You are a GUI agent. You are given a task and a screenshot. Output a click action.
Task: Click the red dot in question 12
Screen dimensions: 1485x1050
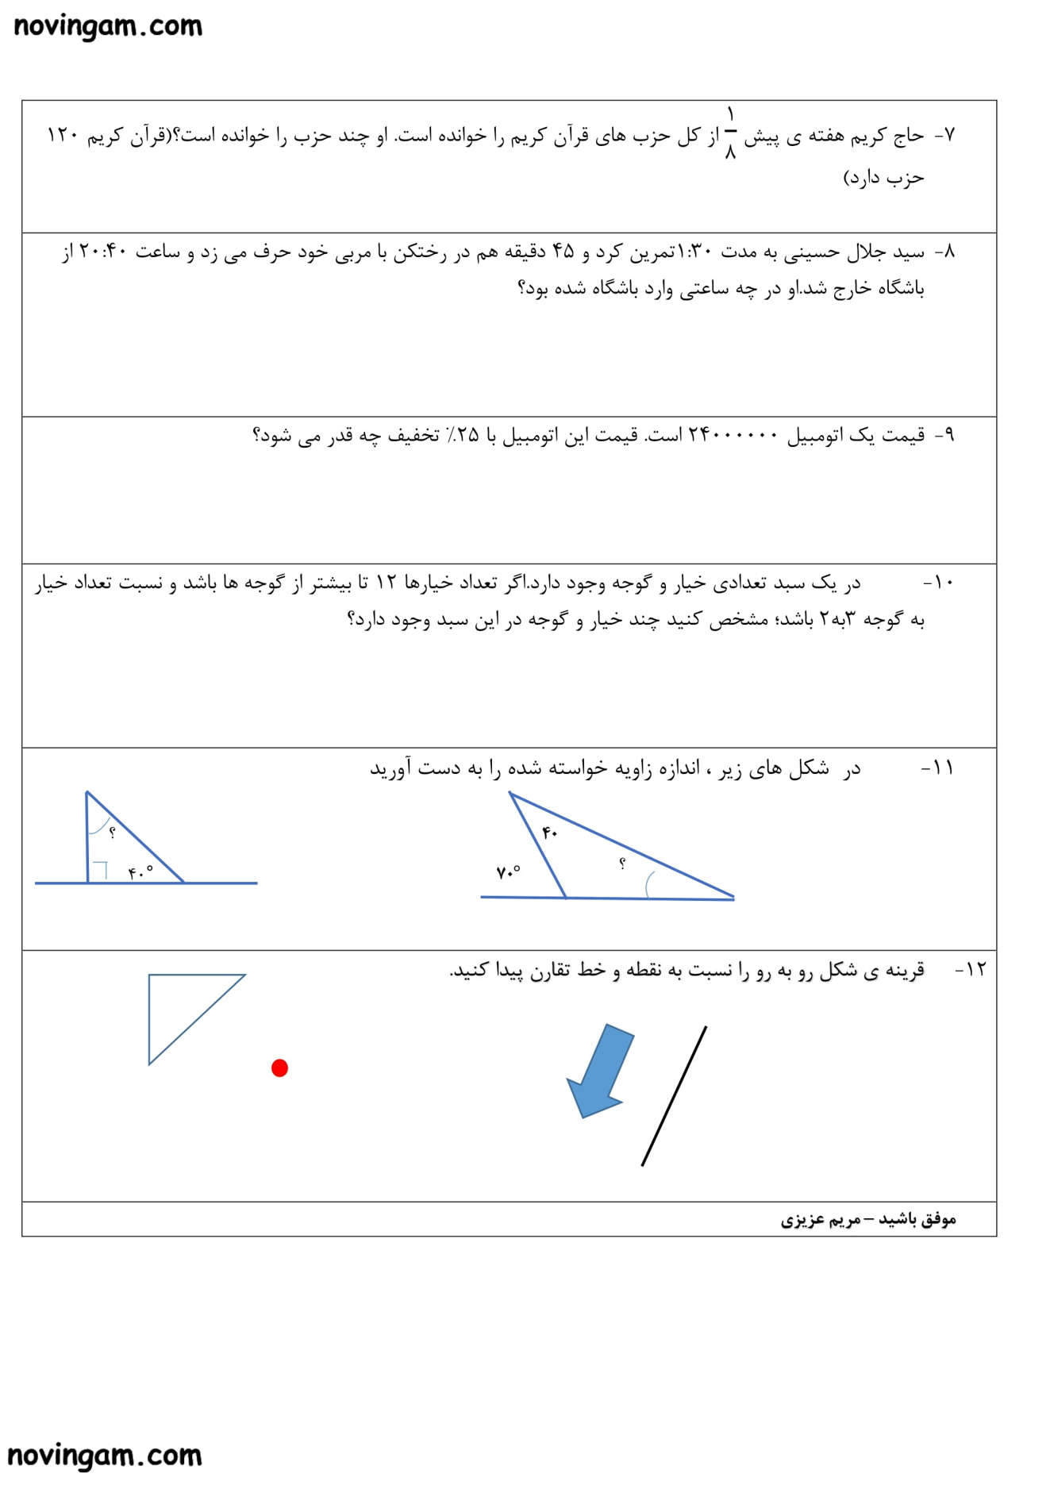pyautogui.click(x=279, y=1068)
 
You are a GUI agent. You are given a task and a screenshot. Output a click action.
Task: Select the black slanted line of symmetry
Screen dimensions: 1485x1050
pyautogui.click(x=674, y=1096)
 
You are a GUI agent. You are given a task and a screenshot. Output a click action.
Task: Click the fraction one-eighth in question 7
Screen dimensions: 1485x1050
pyautogui.click(x=730, y=134)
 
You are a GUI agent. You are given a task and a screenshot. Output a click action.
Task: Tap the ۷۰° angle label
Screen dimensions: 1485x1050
pyautogui.click(x=508, y=872)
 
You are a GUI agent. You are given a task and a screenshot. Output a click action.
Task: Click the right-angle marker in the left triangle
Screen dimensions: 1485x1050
pyautogui.click(x=99, y=871)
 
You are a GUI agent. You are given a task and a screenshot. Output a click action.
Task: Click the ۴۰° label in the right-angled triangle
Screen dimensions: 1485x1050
pyautogui.click(x=140, y=872)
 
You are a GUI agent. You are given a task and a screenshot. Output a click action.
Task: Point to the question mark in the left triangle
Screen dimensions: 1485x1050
pyautogui.click(x=112, y=833)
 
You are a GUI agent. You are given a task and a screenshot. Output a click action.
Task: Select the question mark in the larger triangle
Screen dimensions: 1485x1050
pyautogui.click(x=622, y=864)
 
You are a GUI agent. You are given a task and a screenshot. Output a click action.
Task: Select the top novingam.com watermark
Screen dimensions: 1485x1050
pyautogui.click(x=108, y=26)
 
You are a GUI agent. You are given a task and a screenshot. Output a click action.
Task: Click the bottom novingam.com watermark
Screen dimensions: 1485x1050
pyautogui.click(x=104, y=1456)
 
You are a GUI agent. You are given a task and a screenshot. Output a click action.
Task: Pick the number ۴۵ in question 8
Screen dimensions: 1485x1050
pyautogui.click(x=563, y=252)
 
